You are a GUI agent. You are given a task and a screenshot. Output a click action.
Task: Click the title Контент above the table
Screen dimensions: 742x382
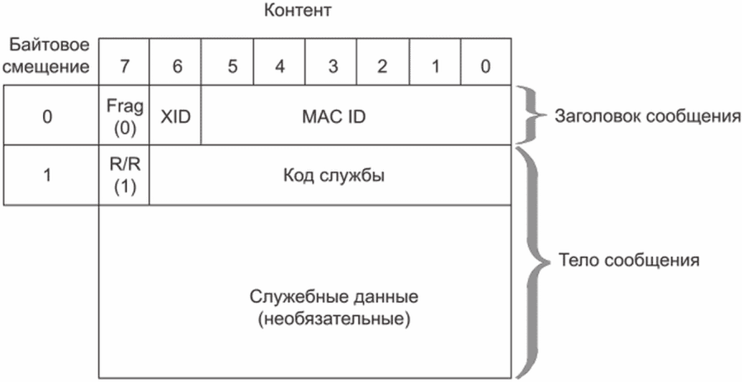tap(297, 11)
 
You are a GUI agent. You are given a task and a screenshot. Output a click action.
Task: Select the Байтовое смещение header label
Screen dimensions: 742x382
tap(50, 56)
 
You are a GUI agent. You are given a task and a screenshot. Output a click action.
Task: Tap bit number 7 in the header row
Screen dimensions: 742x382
tap(124, 67)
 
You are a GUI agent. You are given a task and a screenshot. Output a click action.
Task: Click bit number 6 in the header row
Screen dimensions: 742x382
tap(177, 67)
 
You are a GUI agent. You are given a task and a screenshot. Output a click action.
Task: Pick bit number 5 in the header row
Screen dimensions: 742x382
tap(232, 67)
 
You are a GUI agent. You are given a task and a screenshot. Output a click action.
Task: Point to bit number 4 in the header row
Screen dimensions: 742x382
tap(280, 67)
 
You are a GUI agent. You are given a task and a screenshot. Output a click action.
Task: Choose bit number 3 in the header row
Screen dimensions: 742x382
tap(333, 67)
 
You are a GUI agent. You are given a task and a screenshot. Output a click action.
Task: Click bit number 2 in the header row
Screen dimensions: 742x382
tap(382, 67)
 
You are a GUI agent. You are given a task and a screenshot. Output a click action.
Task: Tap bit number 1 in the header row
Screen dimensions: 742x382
tap(435, 67)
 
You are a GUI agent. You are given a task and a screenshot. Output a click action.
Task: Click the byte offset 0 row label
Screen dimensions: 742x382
tap(47, 116)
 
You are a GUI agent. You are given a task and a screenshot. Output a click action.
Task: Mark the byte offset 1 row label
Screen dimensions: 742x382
tap(47, 176)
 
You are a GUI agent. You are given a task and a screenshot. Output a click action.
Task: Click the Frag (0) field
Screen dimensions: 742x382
tap(125, 116)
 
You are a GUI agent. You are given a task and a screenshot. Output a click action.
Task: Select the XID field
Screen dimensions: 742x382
tap(175, 116)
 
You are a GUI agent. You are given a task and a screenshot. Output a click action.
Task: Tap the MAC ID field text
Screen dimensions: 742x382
tap(333, 116)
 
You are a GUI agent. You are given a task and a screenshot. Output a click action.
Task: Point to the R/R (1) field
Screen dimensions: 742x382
tap(125, 176)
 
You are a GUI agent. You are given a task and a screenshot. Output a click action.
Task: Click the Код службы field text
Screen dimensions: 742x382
tap(333, 176)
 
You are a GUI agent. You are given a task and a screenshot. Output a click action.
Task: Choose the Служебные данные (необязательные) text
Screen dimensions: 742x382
tap(333, 309)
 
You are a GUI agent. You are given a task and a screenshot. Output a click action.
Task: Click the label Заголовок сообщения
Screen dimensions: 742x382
tap(647, 116)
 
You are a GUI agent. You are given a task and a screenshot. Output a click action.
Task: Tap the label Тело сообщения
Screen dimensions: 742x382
tap(629, 260)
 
